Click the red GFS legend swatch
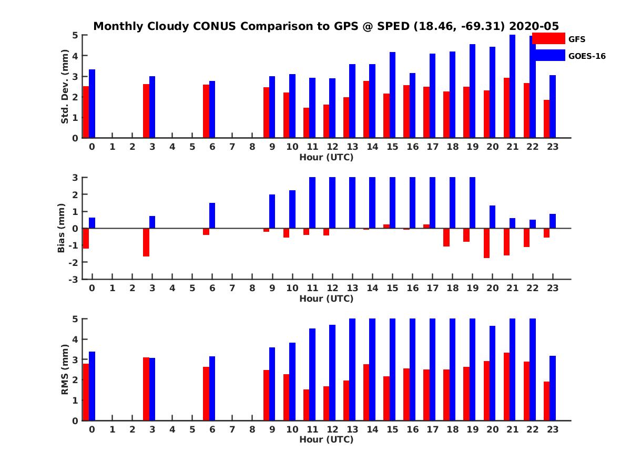548,38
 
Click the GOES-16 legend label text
587,56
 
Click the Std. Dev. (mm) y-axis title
65,87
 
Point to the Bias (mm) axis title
61,228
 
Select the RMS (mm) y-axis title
65,369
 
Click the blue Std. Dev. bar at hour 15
392,95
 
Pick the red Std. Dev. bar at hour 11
306,123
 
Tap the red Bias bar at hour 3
146,242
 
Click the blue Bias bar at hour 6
212,215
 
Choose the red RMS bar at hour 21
506,386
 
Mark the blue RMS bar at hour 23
552,388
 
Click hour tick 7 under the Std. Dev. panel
232,147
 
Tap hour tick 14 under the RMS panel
372,429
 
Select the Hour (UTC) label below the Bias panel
326,299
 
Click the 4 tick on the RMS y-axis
75,339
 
